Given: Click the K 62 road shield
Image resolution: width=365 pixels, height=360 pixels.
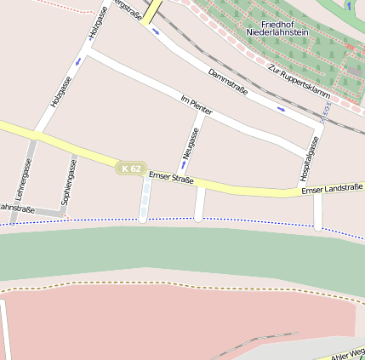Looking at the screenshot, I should pyautogui.click(x=130, y=169).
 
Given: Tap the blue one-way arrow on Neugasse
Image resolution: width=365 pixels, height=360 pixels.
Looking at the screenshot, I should pyautogui.click(x=181, y=165).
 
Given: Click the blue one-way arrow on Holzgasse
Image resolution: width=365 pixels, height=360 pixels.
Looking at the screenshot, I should pyautogui.click(x=79, y=61).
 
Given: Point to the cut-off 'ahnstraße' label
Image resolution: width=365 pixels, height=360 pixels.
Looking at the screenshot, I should pyautogui.click(x=16, y=208).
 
